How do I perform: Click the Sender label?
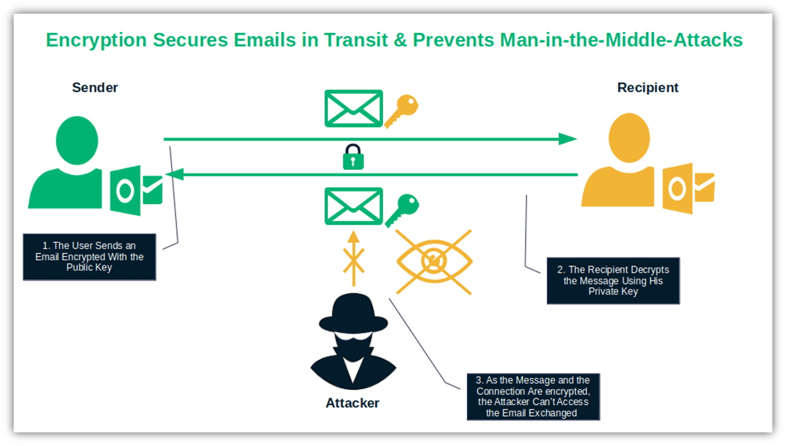[95, 87]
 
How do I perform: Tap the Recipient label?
[648, 87]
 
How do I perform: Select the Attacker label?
[352, 402]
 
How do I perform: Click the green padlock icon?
[352, 158]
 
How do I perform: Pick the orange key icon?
[401, 110]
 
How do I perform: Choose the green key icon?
[402, 209]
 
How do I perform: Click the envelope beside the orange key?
[353, 108]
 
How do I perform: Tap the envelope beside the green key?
[353, 207]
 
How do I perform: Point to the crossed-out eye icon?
[434, 261]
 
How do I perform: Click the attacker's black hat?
[352, 314]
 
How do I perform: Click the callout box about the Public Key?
[89, 257]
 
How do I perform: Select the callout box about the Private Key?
[612, 280]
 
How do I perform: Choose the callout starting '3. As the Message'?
[532, 396]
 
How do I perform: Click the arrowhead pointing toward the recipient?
[567, 139]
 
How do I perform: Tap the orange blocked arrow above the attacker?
[352, 258]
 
